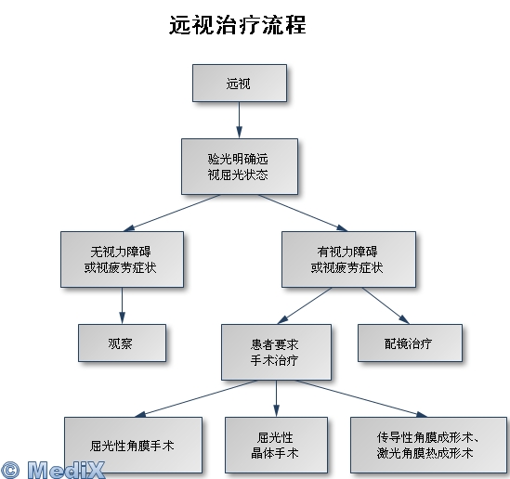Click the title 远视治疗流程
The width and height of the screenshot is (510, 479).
(238, 25)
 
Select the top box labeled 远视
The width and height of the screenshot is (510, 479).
(240, 84)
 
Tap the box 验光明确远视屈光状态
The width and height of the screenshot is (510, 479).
(240, 167)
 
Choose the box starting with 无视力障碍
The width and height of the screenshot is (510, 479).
(122, 259)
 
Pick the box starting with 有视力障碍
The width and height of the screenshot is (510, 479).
(348, 259)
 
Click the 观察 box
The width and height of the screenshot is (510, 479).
(122, 343)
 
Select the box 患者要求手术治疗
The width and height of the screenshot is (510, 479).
(276, 352)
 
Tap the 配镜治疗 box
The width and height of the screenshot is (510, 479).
(410, 343)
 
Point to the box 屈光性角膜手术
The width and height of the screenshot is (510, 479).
(133, 446)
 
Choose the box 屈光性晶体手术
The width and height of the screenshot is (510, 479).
(276, 446)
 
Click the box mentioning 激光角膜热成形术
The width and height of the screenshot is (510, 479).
(428, 446)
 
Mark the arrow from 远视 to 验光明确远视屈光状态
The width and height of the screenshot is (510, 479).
(239, 121)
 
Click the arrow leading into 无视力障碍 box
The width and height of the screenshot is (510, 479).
(172, 214)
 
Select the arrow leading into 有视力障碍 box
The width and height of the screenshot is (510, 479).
(303, 214)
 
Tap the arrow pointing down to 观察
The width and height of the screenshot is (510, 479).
(122, 305)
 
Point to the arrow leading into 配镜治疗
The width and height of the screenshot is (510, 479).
(386, 305)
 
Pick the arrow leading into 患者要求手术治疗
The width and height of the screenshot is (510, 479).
(305, 305)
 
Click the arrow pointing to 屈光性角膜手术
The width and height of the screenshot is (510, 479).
(196, 399)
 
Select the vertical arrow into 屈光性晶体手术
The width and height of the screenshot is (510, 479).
(276, 399)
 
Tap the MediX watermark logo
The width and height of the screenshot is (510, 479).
(52, 470)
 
